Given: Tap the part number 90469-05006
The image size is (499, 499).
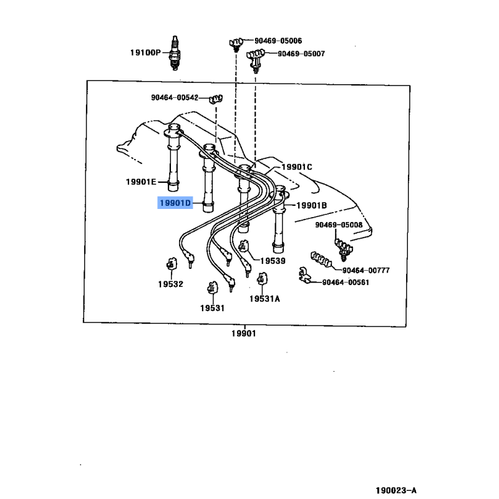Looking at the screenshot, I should (278, 41).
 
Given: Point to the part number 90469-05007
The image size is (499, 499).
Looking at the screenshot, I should (301, 54).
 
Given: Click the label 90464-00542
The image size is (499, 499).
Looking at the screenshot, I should (174, 97).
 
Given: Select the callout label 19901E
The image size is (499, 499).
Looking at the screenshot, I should (142, 182).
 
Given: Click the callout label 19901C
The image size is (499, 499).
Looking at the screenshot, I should (296, 167).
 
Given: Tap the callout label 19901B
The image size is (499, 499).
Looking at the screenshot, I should (311, 205).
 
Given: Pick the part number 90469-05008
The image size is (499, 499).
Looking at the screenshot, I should (339, 225).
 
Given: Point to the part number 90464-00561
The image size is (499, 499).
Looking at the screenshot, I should (346, 282).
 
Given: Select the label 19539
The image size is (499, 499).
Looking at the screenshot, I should (273, 261).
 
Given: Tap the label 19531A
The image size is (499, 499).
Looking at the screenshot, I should (264, 298).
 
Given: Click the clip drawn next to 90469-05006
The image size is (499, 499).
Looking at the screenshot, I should (235, 42).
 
